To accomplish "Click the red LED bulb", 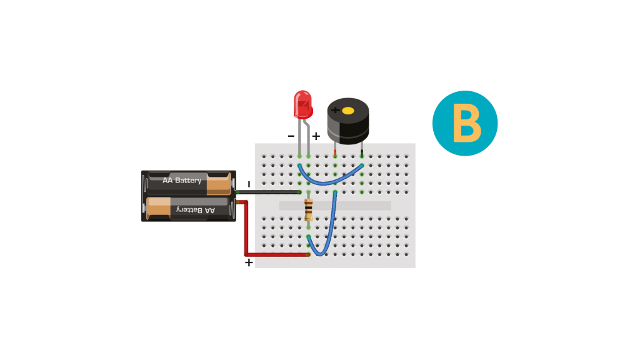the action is tap(303, 104).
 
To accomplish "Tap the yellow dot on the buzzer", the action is tap(347, 111).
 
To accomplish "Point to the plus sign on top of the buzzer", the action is tap(335, 110).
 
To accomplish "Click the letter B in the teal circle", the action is tap(467, 123).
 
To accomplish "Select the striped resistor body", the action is tap(309, 210).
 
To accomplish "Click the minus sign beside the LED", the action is tap(291, 136).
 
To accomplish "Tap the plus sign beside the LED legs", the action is tap(316, 136).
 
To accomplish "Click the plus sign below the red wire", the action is tap(249, 262).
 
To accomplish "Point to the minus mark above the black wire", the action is tap(249, 184).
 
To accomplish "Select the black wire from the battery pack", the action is tap(268, 192).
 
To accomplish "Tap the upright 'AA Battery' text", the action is tap(182, 180).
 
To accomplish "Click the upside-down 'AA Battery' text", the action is tap(196, 210).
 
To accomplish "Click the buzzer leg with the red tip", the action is tap(335, 150).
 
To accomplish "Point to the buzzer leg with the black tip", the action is tap(362, 150).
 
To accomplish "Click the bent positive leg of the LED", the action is tap(307, 137).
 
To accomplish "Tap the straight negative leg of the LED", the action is tap(299, 137).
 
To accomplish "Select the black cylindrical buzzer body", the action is tap(348, 121).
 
